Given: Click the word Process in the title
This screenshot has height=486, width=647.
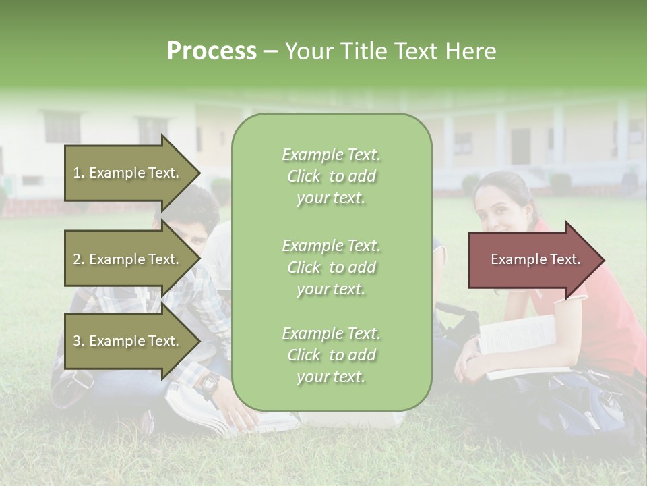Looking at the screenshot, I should coord(212,51).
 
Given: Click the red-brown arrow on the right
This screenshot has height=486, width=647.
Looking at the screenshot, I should coord(532,259).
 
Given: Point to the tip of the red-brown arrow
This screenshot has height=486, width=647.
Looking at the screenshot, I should coord(603,260).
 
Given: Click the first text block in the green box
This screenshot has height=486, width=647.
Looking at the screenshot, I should coord(331,176).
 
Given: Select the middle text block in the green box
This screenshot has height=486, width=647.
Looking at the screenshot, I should coord(331,267).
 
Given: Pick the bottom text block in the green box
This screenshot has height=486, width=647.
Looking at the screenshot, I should coord(331,355).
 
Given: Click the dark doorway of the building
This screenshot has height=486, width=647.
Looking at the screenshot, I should coord(520,146).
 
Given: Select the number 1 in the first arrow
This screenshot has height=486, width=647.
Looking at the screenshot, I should coord(77,173).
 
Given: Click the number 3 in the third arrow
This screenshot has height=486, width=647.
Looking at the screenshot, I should coord(77,341).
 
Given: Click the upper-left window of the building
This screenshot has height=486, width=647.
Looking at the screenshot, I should coord(62,127).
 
